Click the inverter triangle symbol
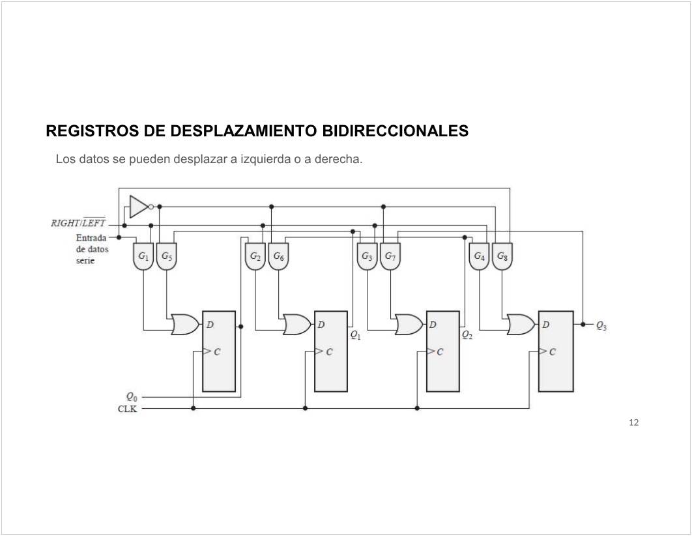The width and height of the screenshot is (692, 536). tap(139, 207)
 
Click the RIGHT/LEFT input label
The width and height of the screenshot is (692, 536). tap(78, 223)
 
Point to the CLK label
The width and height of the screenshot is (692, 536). tap(127, 409)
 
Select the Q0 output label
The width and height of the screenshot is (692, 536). tap(131, 396)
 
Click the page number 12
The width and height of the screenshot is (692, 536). tap(634, 423)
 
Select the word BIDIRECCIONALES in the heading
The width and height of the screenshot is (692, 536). tap(396, 131)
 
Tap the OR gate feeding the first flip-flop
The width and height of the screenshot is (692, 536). tap(185, 324)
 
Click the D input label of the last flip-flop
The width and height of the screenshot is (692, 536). tap(546, 324)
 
